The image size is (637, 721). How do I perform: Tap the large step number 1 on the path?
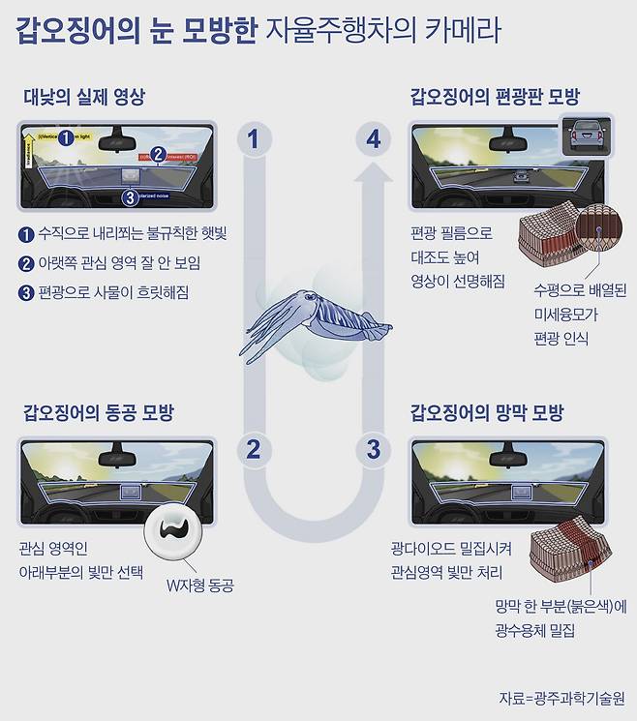(254, 139)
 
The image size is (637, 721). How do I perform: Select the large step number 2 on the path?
(254, 449)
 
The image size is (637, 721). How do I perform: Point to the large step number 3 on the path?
(374, 449)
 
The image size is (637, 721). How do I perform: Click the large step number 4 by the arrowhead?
(374, 139)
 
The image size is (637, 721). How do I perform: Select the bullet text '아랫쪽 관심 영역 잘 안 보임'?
(117, 262)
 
